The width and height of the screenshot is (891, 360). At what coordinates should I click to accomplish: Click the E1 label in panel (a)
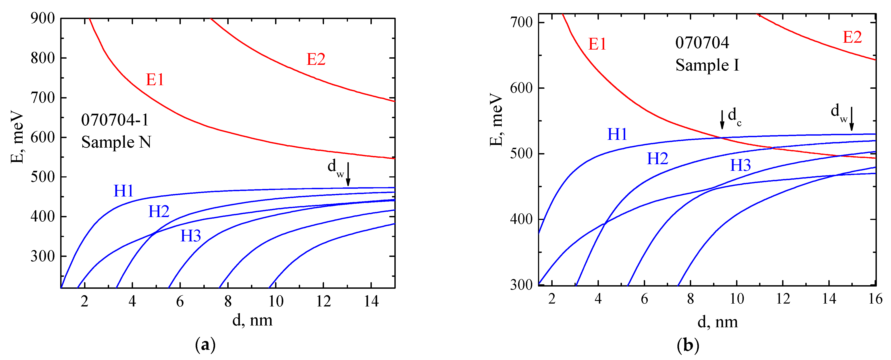[x=155, y=80]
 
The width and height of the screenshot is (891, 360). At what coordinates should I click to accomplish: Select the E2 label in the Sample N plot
[x=316, y=59]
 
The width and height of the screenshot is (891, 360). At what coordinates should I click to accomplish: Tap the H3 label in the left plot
[x=191, y=236]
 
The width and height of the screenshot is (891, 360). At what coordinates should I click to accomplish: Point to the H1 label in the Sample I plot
[x=617, y=134]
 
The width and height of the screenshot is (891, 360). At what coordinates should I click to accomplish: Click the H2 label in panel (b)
[x=657, y=159]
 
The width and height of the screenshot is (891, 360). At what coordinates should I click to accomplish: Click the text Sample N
[x=116, y=142]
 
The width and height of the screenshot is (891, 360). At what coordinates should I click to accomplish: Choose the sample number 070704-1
[x=115, y=120]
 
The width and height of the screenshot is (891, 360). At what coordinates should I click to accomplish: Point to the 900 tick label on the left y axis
[x=42, y=18]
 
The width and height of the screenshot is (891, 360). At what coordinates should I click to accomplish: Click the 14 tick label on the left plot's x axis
[x=371, y=302]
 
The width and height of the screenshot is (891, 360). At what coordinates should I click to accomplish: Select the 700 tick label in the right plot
[x=521, y=23]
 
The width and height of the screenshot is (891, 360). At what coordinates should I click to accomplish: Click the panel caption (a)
[x=205, y=345]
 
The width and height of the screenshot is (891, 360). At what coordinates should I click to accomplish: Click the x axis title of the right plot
[x=717, y=322]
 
